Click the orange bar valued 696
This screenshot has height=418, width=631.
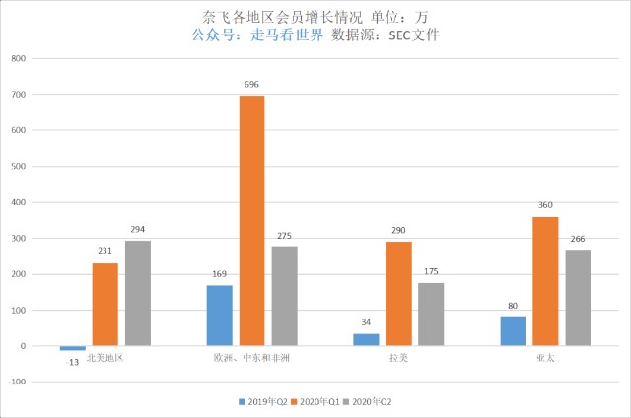pyautogui.click(x=251, y=220)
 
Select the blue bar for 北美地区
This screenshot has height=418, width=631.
pyautogui.click(x=72, y=348)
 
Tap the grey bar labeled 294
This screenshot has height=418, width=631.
pyautogui.click(x=137, y=293)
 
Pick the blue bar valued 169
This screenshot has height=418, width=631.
pyautogui.click(x=219, y=315)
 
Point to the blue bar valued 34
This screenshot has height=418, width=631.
pyautogui.click(x=366, y=340)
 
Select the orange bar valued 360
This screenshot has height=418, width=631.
pyautogui.click(x=545, y=281)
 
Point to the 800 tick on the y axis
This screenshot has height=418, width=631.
pyautogui.click(x=17, y=58)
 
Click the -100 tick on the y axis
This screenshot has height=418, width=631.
pyautogui.click(x=15, y=382)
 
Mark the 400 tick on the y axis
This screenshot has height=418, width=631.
pyautogui.click(x=17, y=202)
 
